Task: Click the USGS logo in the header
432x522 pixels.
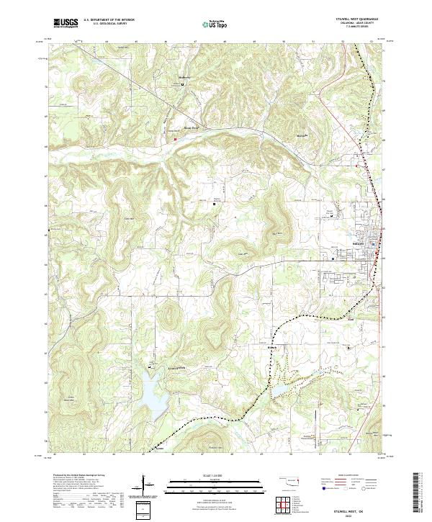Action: (x=66, y=23)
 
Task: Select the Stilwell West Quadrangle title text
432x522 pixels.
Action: (x=357, y=18)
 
